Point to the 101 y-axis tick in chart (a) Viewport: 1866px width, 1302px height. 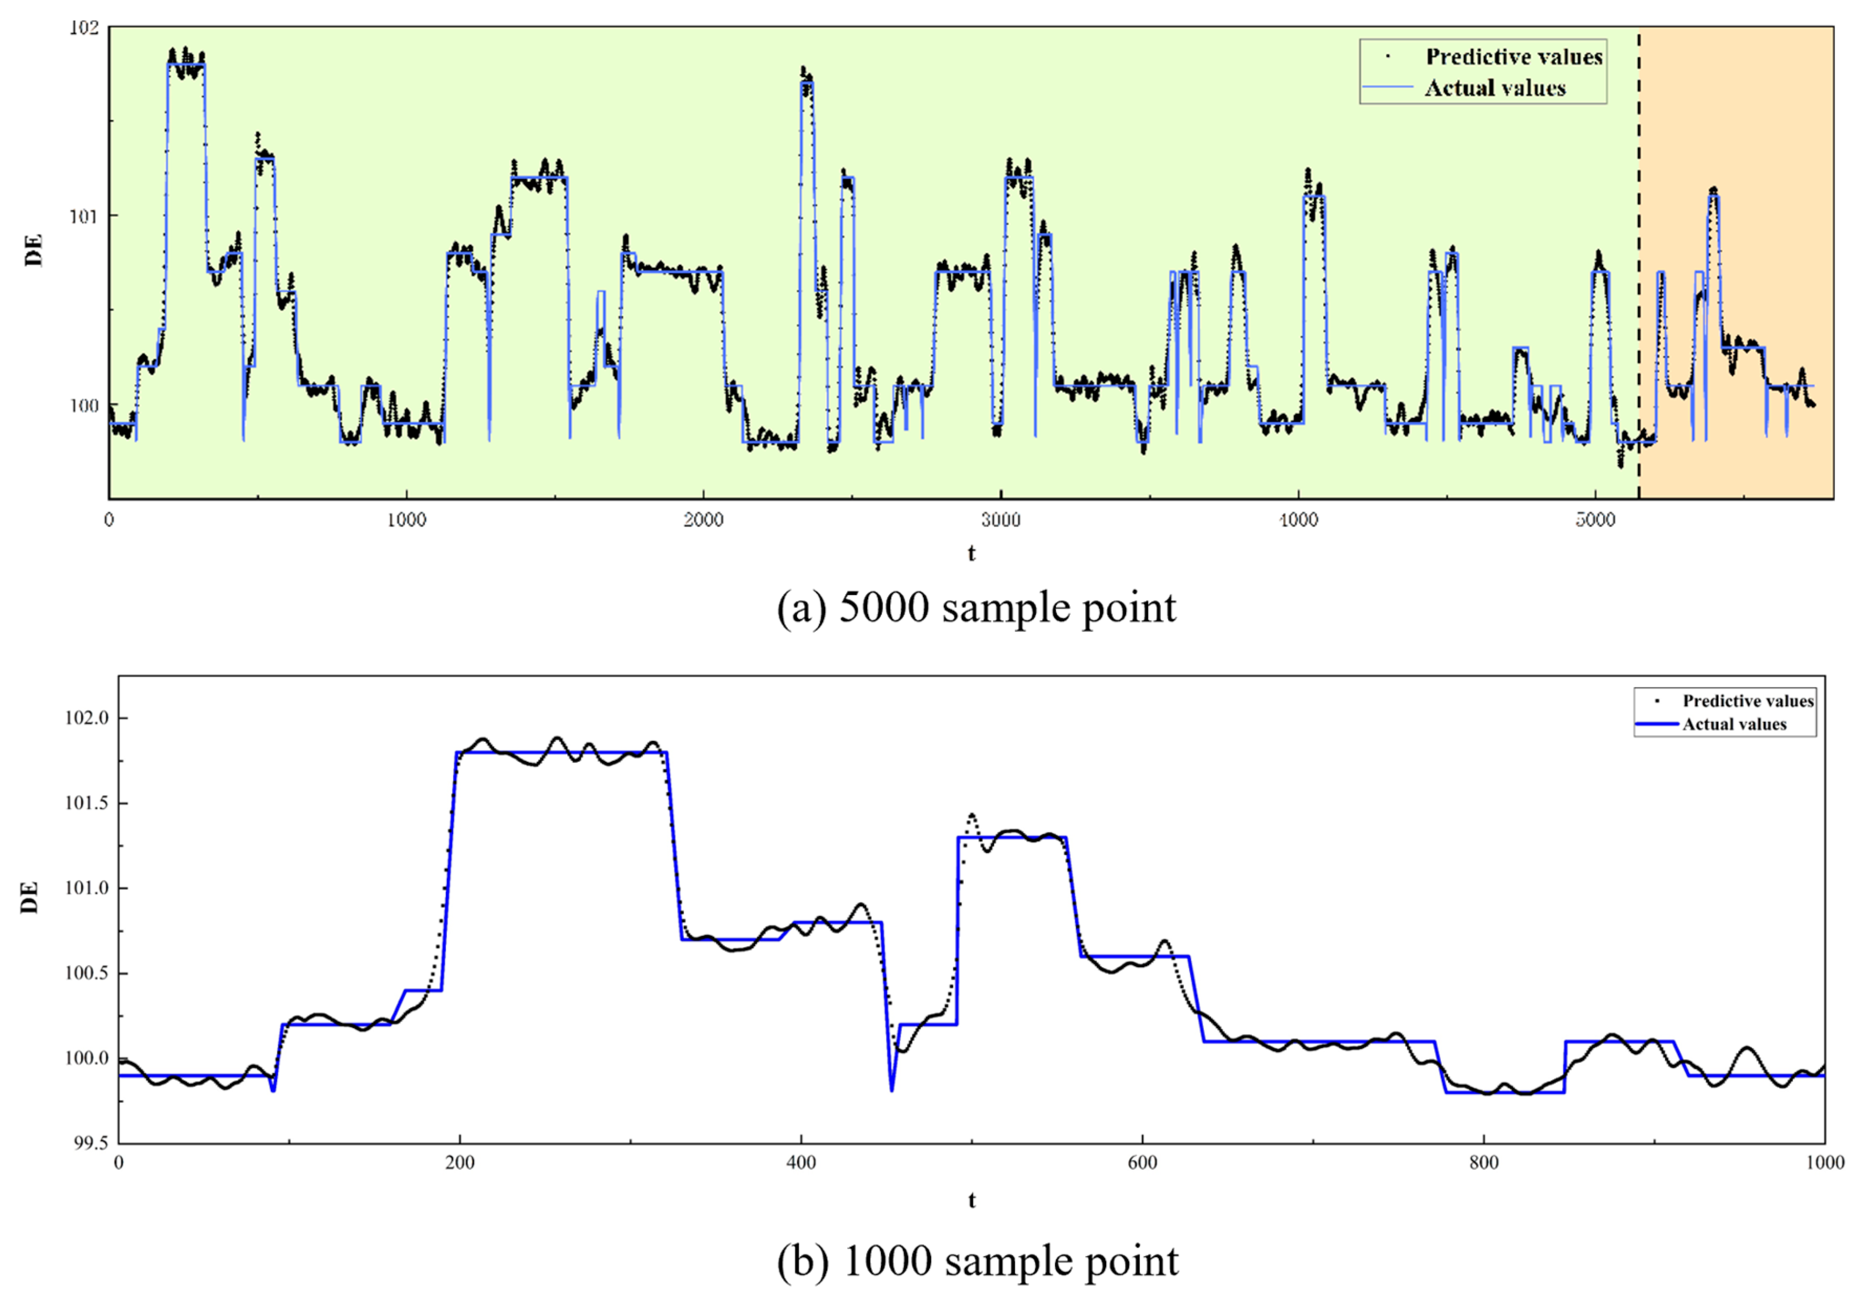[x=83, y=216]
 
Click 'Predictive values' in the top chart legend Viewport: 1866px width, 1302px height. [x=1513, y=57]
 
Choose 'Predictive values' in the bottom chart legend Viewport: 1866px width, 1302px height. [x=1748, y=701]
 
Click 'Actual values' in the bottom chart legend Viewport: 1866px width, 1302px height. [x=1734, y=724]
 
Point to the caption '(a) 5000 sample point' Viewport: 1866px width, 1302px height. [x=976, y=607]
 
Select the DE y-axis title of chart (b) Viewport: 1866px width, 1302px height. [x=30, y=897]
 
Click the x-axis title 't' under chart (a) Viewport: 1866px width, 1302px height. [x=971, y=554]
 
